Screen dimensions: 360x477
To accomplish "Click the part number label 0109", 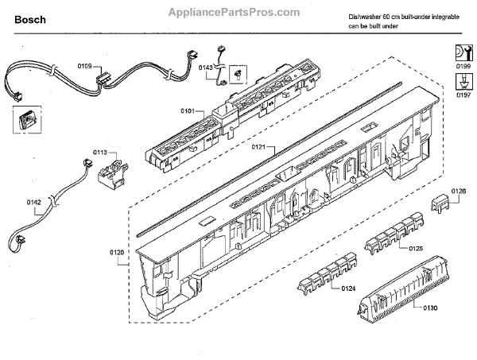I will pyautogui.click(x=84, y=66).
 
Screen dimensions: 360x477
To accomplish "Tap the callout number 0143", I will pyautogui.click(x=205, y=68).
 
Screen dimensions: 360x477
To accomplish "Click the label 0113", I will pyautogui.click(x=100, y=152).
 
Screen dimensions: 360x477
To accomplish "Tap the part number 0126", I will pyautogui.click(x=459, y=191).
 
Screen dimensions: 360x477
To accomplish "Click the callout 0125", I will pyautogui.click(x=415, y=249).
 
